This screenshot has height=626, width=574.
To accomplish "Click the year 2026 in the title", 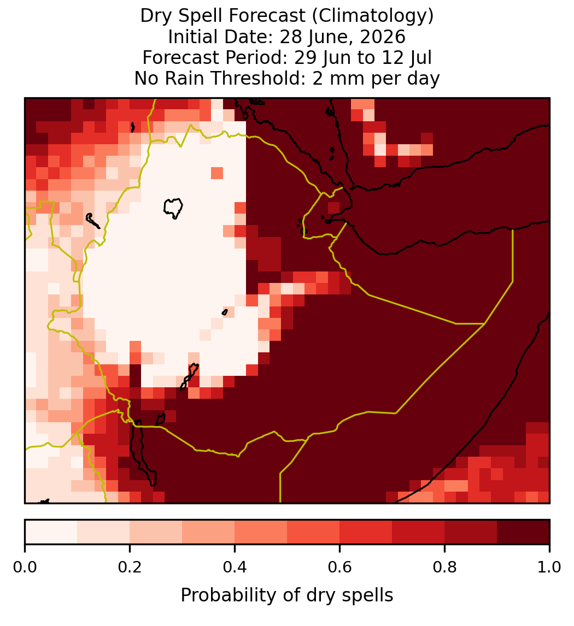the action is pyautogui.click(x=383, y=37).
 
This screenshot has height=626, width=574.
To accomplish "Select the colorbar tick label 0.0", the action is pyautogui.click(x=25, y=568).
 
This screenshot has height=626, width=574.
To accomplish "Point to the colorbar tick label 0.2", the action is pyautogui.click(x=130, y=568).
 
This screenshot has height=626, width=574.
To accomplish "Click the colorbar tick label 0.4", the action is pyautogui.click(x=235, y=568).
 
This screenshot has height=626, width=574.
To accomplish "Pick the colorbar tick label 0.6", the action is pyautogui.click(x=339, y=568).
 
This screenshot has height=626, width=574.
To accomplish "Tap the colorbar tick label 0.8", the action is pyautogui.click(x=444, y=568).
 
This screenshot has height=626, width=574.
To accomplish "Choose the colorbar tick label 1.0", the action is pyautogui.click(x=549, y=568).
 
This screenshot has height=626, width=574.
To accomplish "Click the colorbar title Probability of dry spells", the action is pyautogui.click(x=287, y=595).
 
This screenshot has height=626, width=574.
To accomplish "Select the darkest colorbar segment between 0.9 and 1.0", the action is pyautogui.click(x=523, y=532).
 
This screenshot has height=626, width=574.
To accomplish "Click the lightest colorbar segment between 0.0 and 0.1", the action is pyautogui.click(x=51, y=532).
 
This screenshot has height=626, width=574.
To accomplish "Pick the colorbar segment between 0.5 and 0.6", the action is pyautogui.click(x=314, y=532).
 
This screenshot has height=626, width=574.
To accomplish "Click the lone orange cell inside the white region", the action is pyautogui.click(x=217, y=173).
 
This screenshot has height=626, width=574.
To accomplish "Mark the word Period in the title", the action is pyautogui.click(x=256, y=57).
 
